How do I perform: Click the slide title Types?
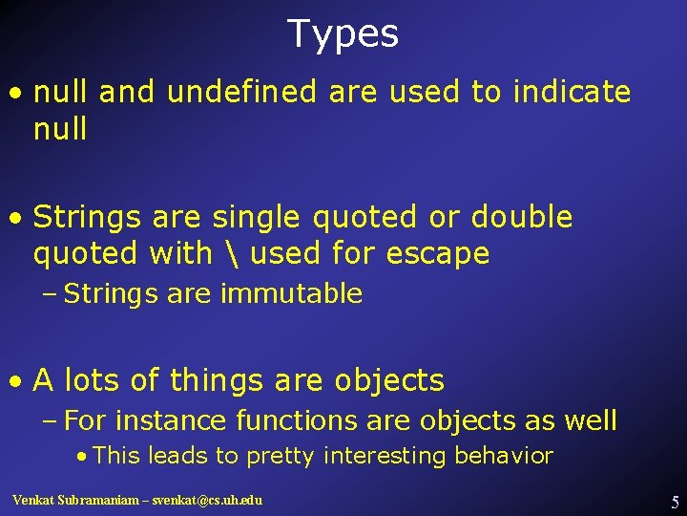coord(343,34)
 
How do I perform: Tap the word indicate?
coord(572,93)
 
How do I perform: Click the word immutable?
coord(291,294)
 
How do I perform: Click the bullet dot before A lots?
coord(17,382)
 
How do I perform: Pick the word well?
coord(591,420)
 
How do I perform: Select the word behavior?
coord(508,456)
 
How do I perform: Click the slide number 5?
coord(675,502)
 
